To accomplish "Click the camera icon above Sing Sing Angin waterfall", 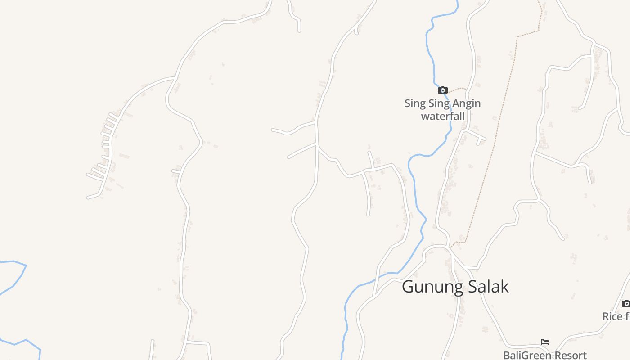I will coord(443,90).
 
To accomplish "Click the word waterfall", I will coord(442,116).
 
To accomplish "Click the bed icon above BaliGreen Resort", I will coord(545,342).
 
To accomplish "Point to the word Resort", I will coord(571,355).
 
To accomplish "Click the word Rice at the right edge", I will coord(612,316).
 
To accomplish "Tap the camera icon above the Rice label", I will coord(626,303).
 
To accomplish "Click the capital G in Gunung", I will coord(408,287).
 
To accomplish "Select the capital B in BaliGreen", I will coord(506,355).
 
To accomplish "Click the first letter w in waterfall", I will coord(425,116).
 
